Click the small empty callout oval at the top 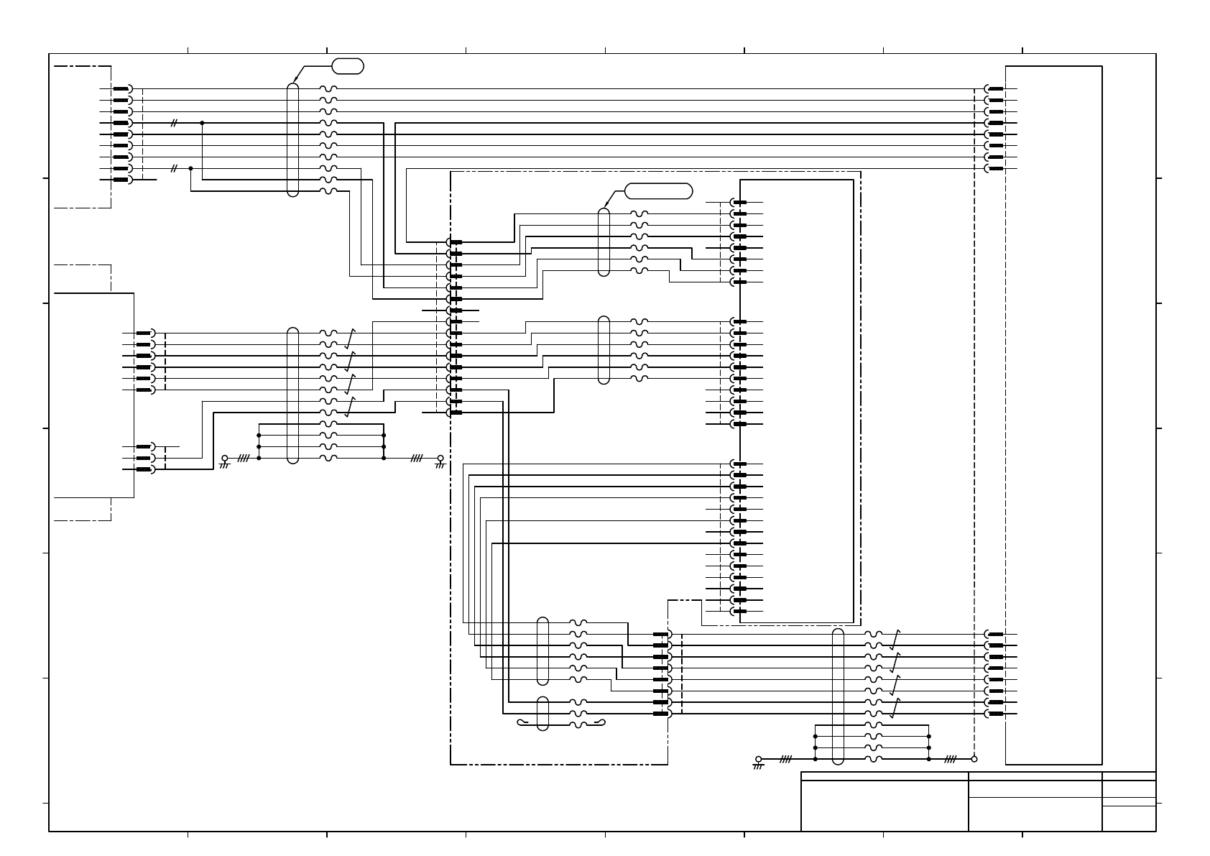tap(348, 66)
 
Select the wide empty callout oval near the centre tap(658, 190)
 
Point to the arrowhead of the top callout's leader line tap(294, 82)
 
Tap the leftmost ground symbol tap(224, 461)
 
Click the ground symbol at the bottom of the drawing tap(758, 762)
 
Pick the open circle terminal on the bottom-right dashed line tap(974, 758)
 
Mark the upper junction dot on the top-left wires tap(202, 123)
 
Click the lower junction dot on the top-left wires tap(190, 168)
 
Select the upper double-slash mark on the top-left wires tap(173, 123)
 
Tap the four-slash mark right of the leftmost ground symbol tap(243, 458)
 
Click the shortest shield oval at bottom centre tap(543, 713)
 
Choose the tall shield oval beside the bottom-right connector tap(838, 696)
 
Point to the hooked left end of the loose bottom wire tap(520, 722)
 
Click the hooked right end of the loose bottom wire tap(603, 722)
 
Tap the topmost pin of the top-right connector tap(995, 89)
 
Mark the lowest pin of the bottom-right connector tap(995, 714)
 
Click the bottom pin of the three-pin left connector tap(144, 469)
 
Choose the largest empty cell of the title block tap(885, 806)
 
